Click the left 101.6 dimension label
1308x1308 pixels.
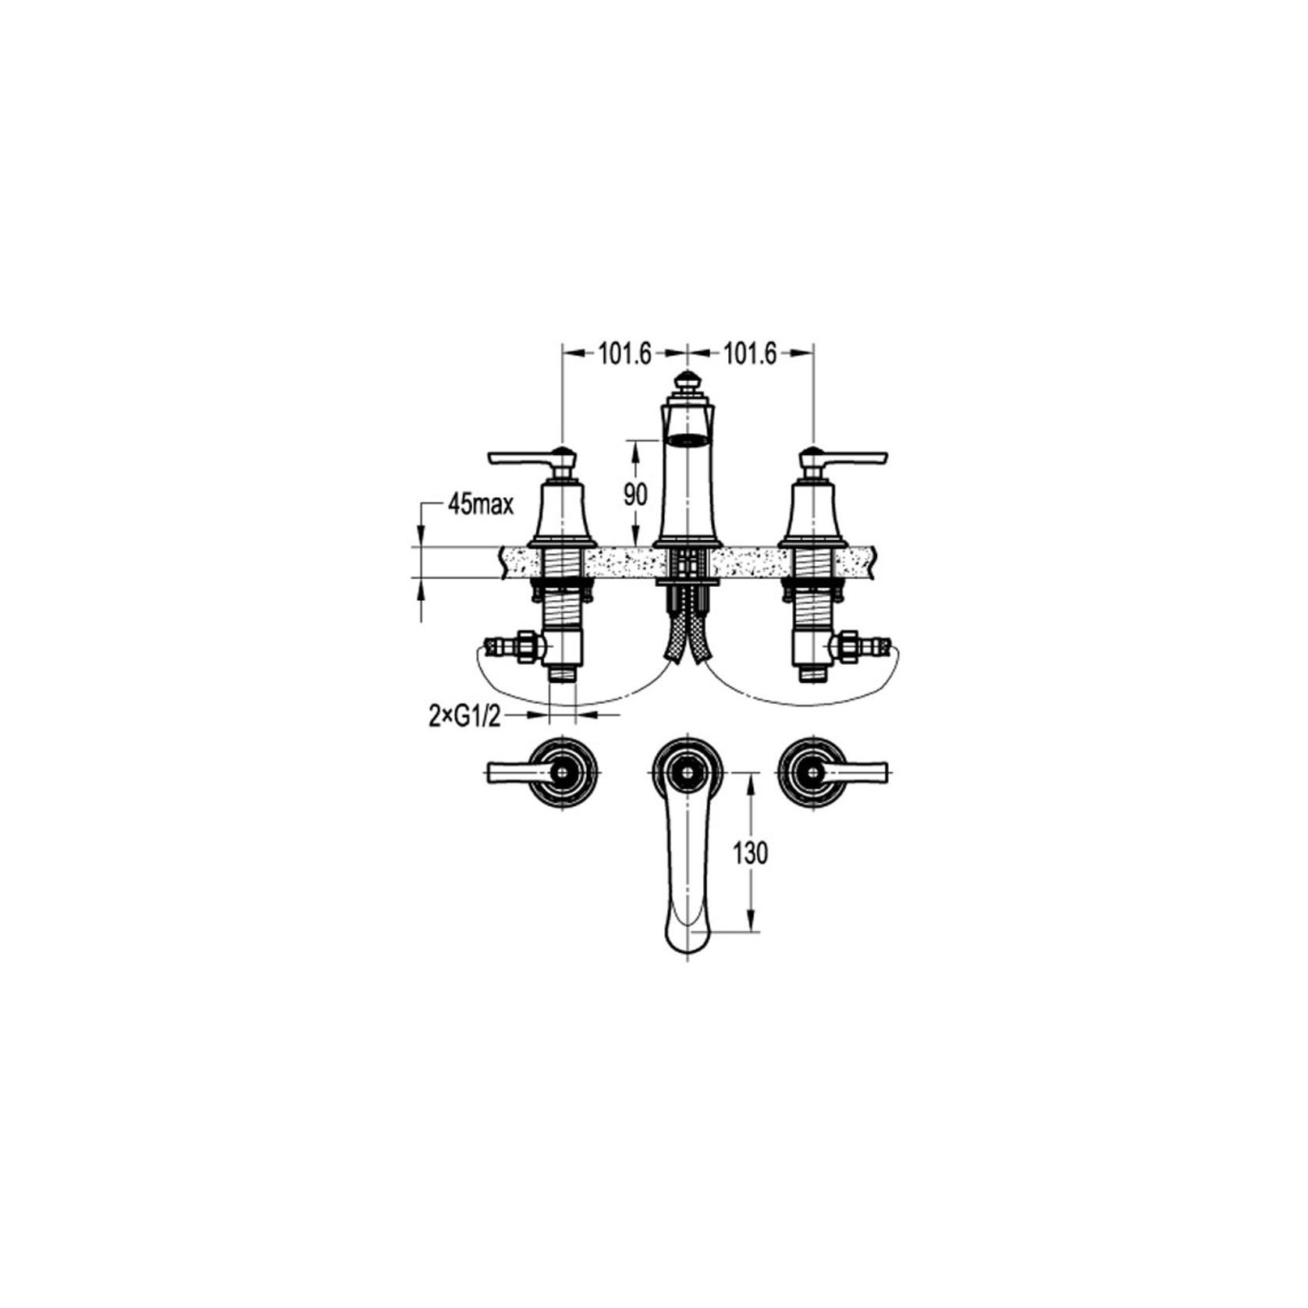tap(624, 354)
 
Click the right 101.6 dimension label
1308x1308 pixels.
tap(750, 354)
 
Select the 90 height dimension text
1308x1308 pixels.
tap(636, 494)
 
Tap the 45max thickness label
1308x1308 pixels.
tap(481, 506)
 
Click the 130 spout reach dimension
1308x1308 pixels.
tap(750, 853)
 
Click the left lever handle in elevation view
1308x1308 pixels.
tap(519, 457)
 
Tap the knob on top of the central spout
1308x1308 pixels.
tap(687, 383)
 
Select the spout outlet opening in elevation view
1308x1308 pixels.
tap(687, 439)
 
